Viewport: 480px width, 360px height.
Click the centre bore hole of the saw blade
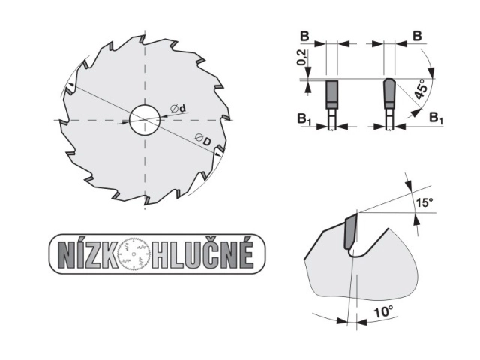point(145,120)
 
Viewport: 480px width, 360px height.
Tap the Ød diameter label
point(178,108)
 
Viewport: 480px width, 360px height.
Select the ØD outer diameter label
point(203,140)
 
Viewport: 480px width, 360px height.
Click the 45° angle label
point(421,88)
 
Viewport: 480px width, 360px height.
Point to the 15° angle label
point(424,202)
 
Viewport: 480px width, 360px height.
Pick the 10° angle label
point(383,312)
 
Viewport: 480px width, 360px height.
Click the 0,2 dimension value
point(301,58)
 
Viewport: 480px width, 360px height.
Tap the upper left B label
point(304,37)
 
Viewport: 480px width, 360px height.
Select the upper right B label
point(417,36)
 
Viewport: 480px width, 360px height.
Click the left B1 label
point(304,119)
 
